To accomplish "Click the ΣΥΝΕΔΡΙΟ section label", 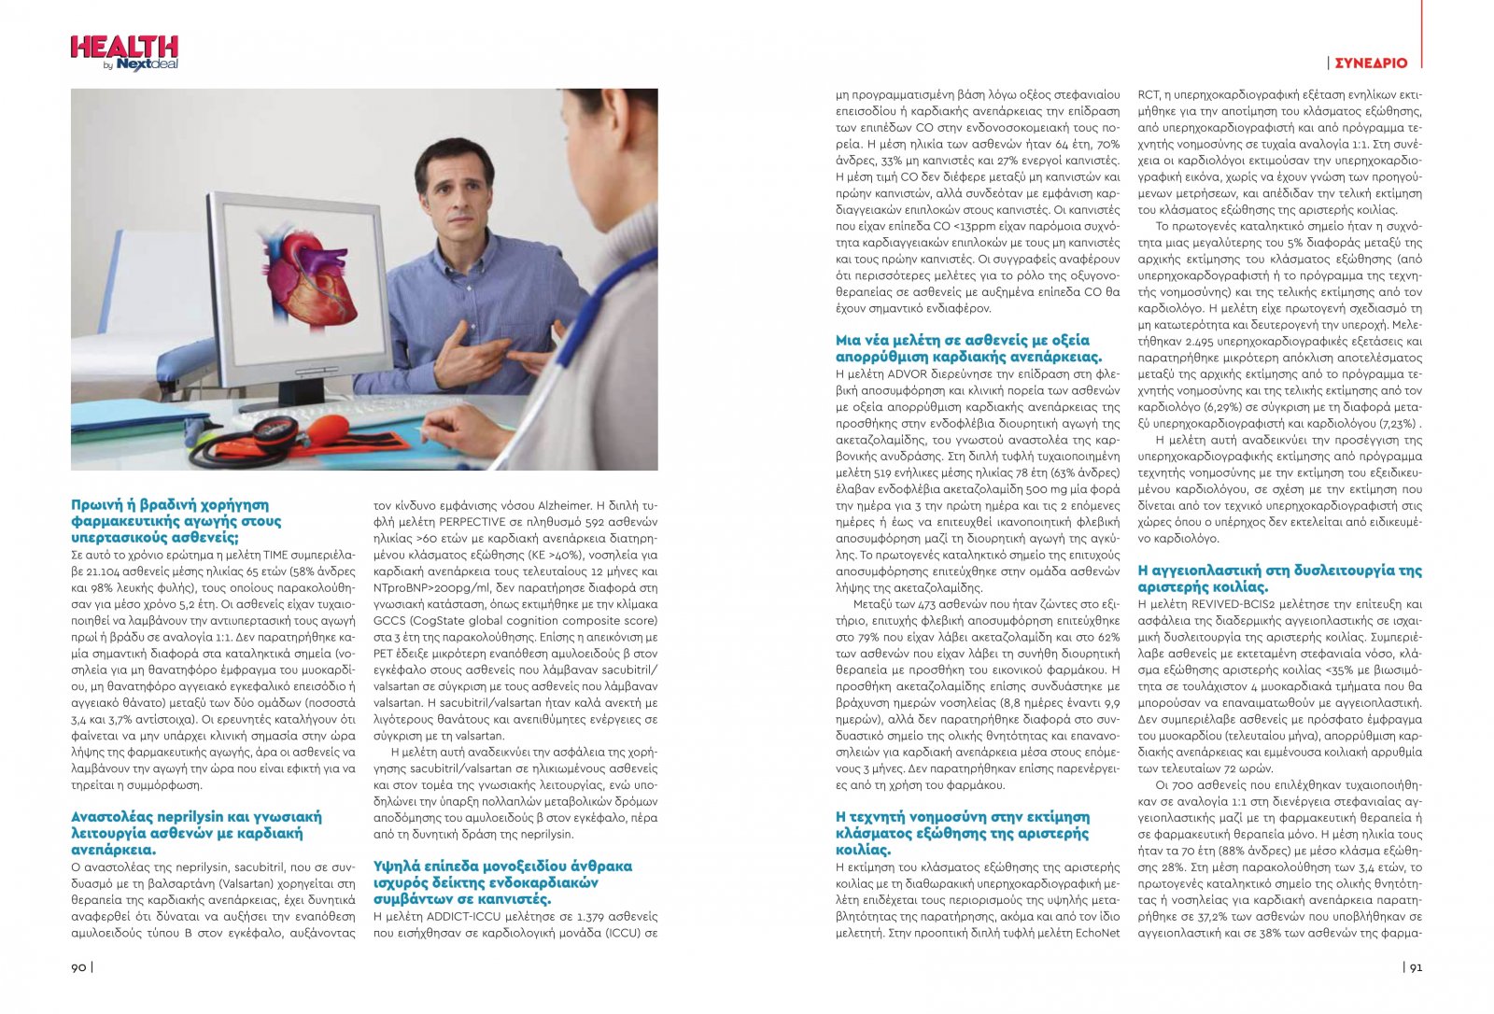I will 1371,63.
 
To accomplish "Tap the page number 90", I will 78,967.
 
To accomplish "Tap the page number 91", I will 1416,967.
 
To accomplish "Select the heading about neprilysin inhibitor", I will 196,833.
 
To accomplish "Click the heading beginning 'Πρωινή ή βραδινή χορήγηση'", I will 176,521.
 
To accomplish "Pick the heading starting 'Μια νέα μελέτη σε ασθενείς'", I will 968,348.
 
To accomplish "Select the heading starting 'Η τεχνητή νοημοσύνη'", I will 962,833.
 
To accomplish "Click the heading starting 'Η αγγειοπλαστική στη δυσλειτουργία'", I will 1279,578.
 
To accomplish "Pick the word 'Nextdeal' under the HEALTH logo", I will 147,64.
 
